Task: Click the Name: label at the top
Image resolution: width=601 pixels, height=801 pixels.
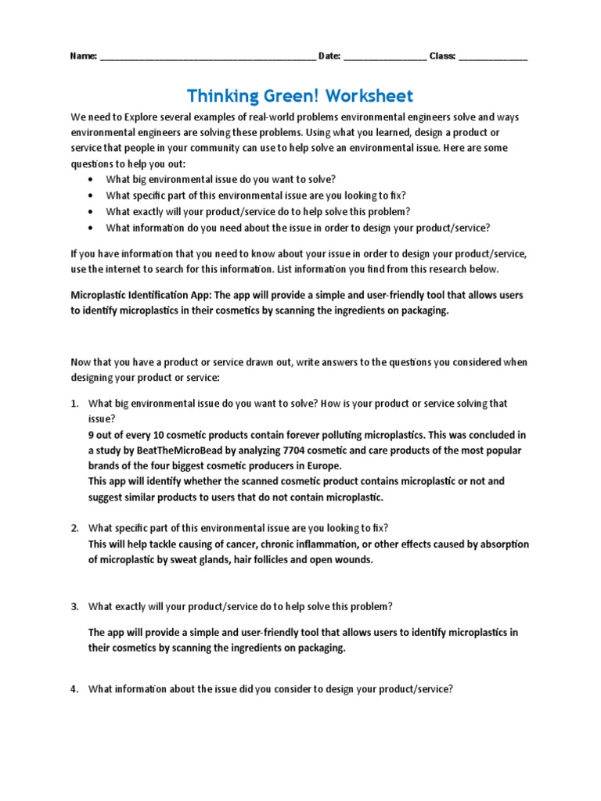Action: tap(84, 56)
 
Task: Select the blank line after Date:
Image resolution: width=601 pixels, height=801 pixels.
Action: tap(385, 58)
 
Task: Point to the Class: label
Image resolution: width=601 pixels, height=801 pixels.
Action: tap(443, 56)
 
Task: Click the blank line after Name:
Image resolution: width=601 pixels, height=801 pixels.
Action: tap(208, 58)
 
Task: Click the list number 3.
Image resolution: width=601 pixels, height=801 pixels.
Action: tap(74, 607)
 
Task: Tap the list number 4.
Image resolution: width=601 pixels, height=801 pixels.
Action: tap(74, 689)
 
